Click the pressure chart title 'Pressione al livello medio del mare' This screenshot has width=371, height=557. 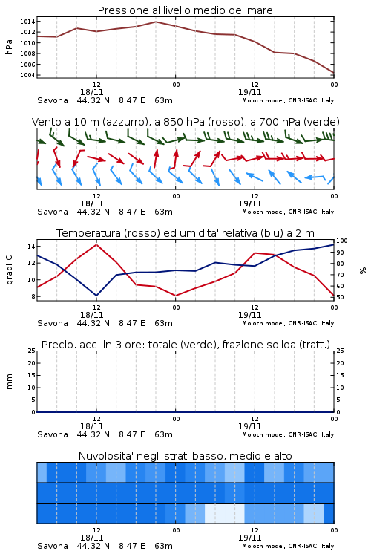click(185, 10)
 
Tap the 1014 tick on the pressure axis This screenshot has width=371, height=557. click(27, 22)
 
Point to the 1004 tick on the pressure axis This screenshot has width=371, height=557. click(27, 75)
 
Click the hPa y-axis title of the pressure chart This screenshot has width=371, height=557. click(9, 47)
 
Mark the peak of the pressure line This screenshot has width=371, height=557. click(156, 22)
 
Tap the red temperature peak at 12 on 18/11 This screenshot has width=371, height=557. click(96, 244)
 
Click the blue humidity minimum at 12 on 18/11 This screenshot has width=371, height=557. click(96, 296)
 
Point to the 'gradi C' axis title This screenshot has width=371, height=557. click(10, 270)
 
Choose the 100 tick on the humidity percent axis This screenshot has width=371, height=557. click(341, 241)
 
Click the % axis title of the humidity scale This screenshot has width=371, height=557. click(362, 270)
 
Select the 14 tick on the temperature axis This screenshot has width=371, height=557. click(31, 247)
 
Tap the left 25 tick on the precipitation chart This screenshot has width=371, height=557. click(32, 351)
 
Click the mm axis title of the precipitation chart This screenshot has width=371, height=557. click(9, 382)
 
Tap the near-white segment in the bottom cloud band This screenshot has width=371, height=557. click(224, 513)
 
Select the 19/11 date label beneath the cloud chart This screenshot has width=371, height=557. click(249, 538)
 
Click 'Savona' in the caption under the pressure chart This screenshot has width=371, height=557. click(53, 100)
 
